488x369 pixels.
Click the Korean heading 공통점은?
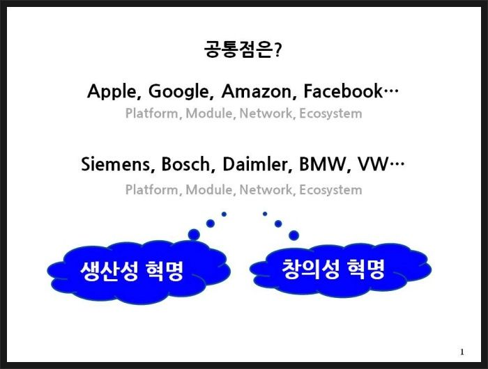pos(243,49)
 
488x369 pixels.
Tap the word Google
pos(181,92)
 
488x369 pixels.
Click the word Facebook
pos(343,91)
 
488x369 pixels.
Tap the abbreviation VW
pos(373,164)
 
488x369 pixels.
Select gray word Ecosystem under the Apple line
pos(330,113)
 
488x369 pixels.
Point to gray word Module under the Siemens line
pos(209,189)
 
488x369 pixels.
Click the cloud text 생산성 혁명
pos(132,271)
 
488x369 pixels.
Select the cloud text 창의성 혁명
pos(333,269)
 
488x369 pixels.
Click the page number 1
pos(462,352)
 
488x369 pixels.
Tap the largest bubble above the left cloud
pos(194,235)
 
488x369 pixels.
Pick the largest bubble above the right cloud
pos(293,235)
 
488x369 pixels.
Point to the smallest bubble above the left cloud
pos(224,214)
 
